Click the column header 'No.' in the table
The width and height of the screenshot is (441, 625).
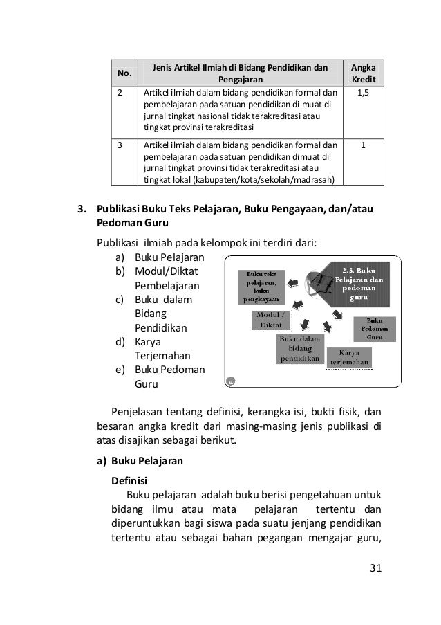tap(125, 73)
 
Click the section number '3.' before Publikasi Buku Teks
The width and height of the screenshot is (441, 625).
tap(81, 209)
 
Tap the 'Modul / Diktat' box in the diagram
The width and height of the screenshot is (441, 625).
tap(272, 320)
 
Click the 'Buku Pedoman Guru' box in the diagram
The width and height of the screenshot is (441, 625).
tap(375, 329)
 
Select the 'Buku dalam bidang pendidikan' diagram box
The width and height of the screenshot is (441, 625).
tap(300, 350)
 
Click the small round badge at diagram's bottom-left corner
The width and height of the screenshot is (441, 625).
tap(230, 380)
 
